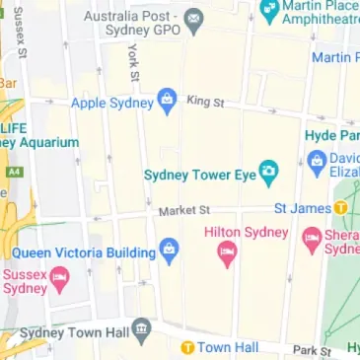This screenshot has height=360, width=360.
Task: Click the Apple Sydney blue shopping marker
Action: tap(167, 100)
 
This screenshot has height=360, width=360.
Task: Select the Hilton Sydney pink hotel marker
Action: tap(227, 255)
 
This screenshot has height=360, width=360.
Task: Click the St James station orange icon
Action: tap(340, 208)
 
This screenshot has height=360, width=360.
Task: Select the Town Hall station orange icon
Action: tap(185, 347)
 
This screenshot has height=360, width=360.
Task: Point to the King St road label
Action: tap(205, 102)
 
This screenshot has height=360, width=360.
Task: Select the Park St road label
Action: tap(311, 350)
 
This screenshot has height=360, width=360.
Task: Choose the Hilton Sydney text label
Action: tap(245, 232)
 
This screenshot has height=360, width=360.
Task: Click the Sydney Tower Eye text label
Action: tap(200, 176)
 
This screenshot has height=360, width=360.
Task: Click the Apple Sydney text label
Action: tap(112, 101)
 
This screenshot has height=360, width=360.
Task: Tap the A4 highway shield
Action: tap(13, 171)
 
